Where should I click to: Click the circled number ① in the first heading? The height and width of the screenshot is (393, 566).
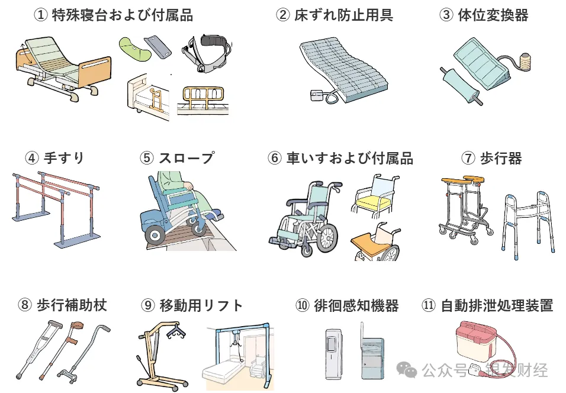pos(40,15)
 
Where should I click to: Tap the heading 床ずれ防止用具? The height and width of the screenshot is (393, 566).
pos(343,15)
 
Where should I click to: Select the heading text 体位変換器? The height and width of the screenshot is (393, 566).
pos(493,15)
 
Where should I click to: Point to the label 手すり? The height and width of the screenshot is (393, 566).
pos(64,158)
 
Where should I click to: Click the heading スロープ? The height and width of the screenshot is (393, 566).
pos(186,158)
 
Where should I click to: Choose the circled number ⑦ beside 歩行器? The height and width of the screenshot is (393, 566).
pos(468,158)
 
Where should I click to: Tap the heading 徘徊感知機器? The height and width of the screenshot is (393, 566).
pos(356,305)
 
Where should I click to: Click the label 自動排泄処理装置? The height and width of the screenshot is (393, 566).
pos(497,305)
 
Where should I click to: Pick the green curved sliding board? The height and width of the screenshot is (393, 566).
pos(134,50)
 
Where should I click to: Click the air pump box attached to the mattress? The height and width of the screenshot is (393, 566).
pos(318,96)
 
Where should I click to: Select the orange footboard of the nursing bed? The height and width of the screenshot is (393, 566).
pos(95,72)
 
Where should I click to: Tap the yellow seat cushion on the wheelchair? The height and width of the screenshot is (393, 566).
pos(373,203)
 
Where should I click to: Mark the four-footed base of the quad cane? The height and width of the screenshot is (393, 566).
pos(68,375)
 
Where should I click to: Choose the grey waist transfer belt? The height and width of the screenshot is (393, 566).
pos(207,53)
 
